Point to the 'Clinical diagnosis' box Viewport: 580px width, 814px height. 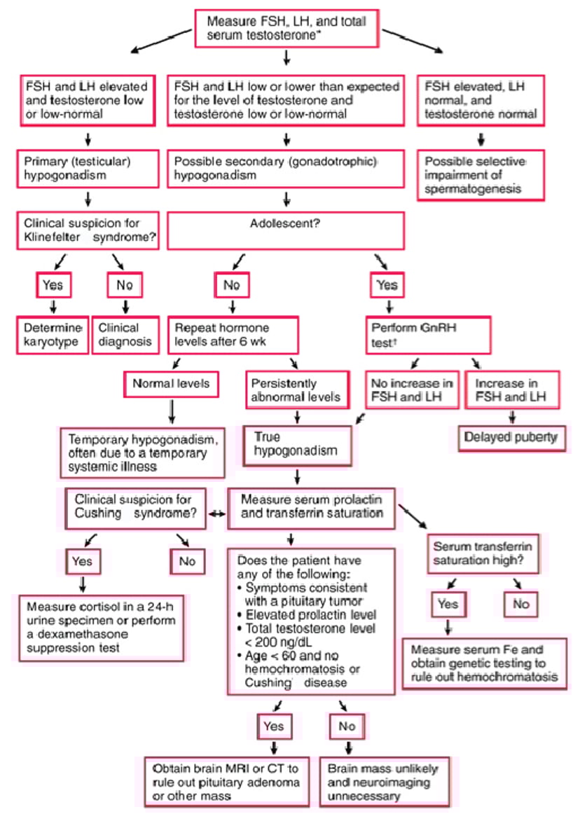click(126, 335)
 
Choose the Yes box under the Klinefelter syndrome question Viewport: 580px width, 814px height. click(53, 285)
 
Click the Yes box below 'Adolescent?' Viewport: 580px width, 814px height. click(387, 285)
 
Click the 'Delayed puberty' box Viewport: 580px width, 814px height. click(511, 437)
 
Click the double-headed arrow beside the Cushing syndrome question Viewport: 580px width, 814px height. click(217, 514)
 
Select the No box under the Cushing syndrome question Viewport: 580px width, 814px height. click(187, 561)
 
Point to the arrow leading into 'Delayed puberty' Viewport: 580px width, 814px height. click(512, 416)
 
